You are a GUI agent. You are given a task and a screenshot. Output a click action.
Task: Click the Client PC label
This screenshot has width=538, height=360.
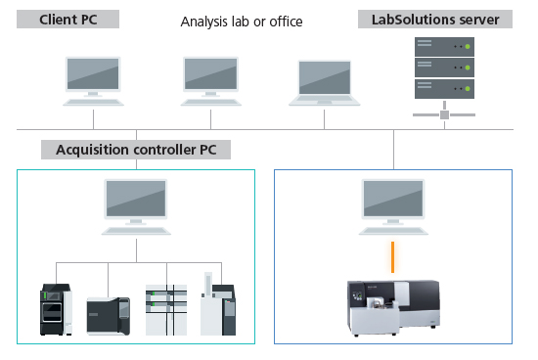coord(67,19)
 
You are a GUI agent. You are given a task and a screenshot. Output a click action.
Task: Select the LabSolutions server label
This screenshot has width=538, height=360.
coord(433,19)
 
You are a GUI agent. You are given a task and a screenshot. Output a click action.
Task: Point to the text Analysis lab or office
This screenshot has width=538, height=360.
coord(242,21)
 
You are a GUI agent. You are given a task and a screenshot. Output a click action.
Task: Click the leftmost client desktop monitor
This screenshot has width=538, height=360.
coord(93,74)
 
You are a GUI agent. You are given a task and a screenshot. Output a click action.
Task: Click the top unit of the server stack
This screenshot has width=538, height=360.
coord(444,46)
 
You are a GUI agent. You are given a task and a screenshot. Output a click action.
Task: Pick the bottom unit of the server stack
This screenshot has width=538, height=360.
coord(444,87)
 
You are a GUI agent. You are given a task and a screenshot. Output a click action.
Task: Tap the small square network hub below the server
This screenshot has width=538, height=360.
coord(444,114)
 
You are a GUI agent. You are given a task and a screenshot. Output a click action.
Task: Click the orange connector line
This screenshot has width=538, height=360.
coord(393,256)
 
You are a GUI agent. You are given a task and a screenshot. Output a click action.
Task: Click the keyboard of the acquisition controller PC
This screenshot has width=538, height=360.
coord(135,229)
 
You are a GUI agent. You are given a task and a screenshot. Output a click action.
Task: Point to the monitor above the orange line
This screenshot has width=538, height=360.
coord(393,198)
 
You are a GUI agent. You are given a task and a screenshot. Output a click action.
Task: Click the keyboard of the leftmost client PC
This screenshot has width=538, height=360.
coord(93,101)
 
